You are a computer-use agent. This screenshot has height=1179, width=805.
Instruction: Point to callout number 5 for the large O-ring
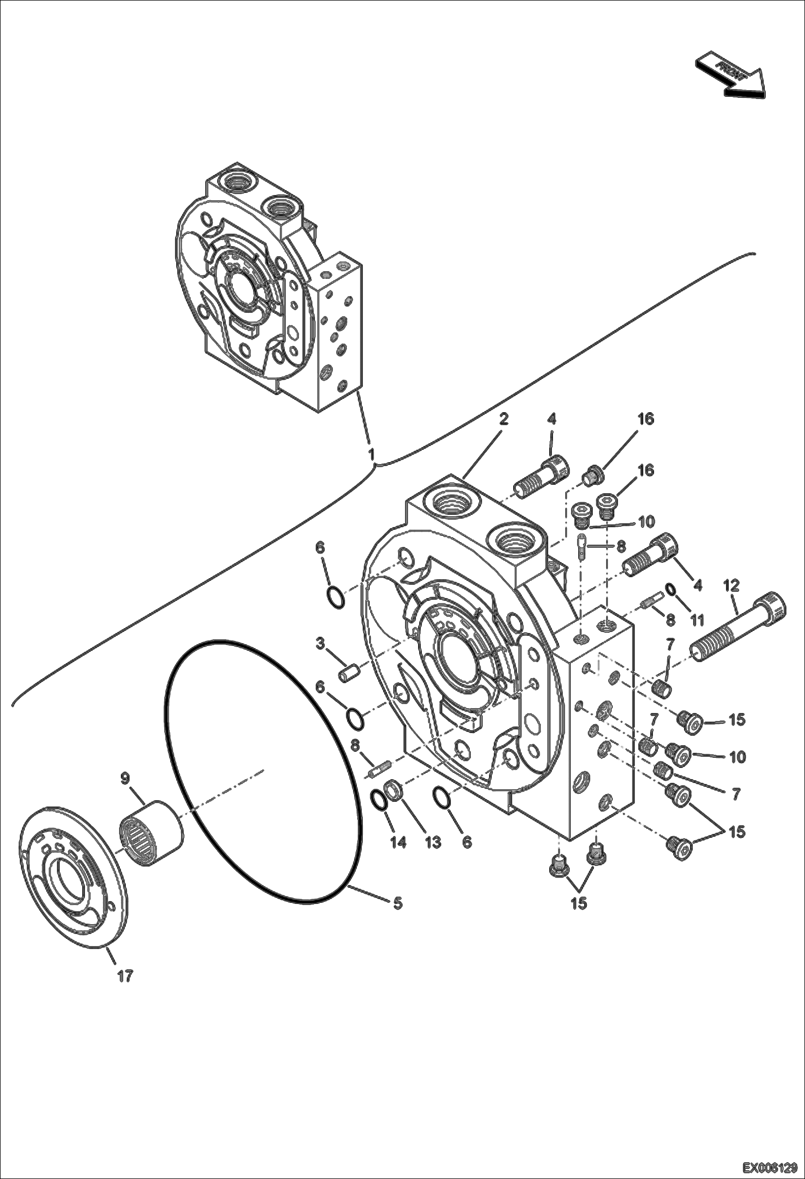coord(397,903)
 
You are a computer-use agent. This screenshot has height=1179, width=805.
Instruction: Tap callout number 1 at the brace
coord(371,455)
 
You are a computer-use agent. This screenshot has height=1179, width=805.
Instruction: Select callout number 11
coord(697,621)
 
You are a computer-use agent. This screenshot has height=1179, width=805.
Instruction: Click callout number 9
coord(125,778)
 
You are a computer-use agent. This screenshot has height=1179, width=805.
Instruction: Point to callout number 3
coord(320,643)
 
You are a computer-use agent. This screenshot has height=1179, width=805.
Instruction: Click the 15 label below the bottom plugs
coord(578,903)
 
